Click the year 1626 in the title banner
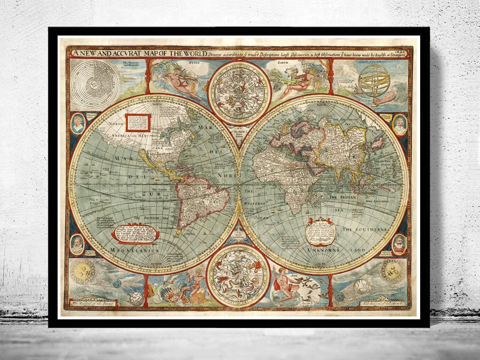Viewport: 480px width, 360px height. (x=405, y=51)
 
